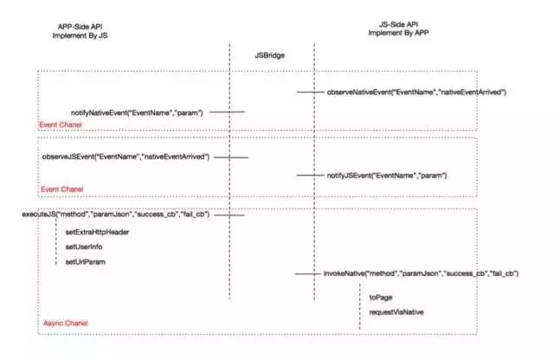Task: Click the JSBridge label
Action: click(270, 55)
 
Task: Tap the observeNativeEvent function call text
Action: click(415, 92)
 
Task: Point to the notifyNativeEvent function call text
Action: click(136, 112)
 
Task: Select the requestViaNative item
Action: click(397, 311)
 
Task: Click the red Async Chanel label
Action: click(66, 324)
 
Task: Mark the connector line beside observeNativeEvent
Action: click(310, 92)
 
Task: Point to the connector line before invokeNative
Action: click(307, 273)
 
